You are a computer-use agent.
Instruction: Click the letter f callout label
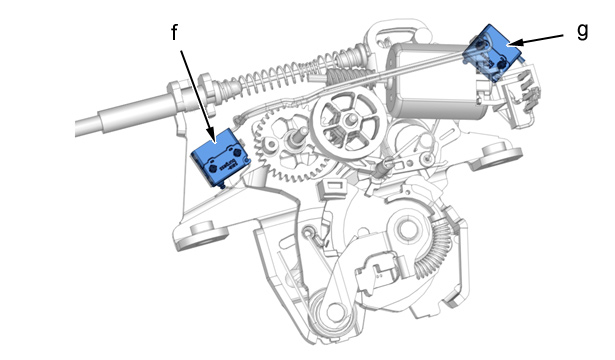click(x=175, y=32)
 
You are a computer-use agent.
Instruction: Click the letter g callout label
click(x=583, y=31)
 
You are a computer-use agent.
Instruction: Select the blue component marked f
click(x=220, y=158)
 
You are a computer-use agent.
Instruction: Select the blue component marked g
click(x=493, y=53)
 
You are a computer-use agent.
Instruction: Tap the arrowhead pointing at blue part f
click(x=211, y=135)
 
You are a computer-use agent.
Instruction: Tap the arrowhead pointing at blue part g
click(x=516, y=42)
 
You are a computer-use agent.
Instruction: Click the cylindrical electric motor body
click(x=435, y=80)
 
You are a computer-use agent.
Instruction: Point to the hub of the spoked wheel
click(x=349, y=119)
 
